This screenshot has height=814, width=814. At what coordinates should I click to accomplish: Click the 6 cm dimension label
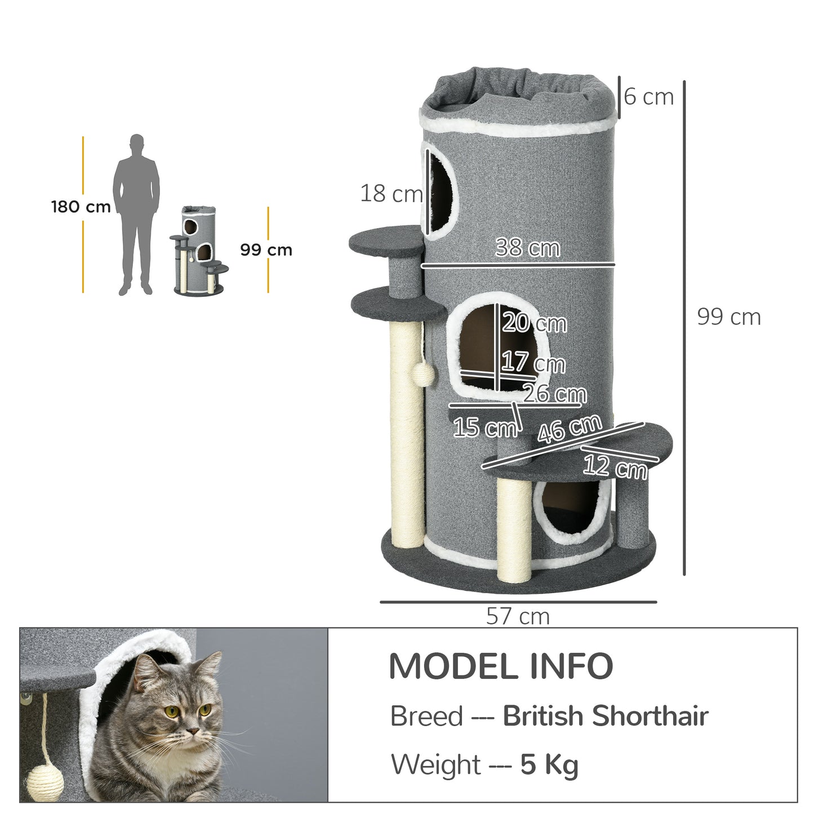(x=649, y=97)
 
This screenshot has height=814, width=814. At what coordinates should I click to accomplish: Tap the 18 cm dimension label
(x=391, y=194)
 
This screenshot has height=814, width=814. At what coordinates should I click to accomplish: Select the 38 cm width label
(x=527, y=248)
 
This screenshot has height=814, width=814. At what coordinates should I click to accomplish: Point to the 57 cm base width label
(x=518, y=616)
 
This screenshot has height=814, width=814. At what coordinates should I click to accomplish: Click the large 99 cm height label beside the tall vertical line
(x=729, y=317)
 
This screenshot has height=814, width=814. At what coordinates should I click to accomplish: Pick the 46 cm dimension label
(x=569, y=429)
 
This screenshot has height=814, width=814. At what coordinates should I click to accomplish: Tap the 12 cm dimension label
(x=615, y=467)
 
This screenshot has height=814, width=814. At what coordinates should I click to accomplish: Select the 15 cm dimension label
(x=485, y=428)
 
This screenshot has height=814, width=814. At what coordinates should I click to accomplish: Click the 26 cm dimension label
(x=555, y=393)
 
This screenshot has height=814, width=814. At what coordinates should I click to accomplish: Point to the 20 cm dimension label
(x=535, y=323)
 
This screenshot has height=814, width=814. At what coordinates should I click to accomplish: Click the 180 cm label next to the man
(x=81, y=207)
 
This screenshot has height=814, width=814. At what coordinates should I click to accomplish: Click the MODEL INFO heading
(x=501, y=666)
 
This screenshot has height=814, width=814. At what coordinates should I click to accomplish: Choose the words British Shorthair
(x=605, y=717)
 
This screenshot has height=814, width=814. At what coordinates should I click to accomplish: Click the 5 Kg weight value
(x=549, y=765)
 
